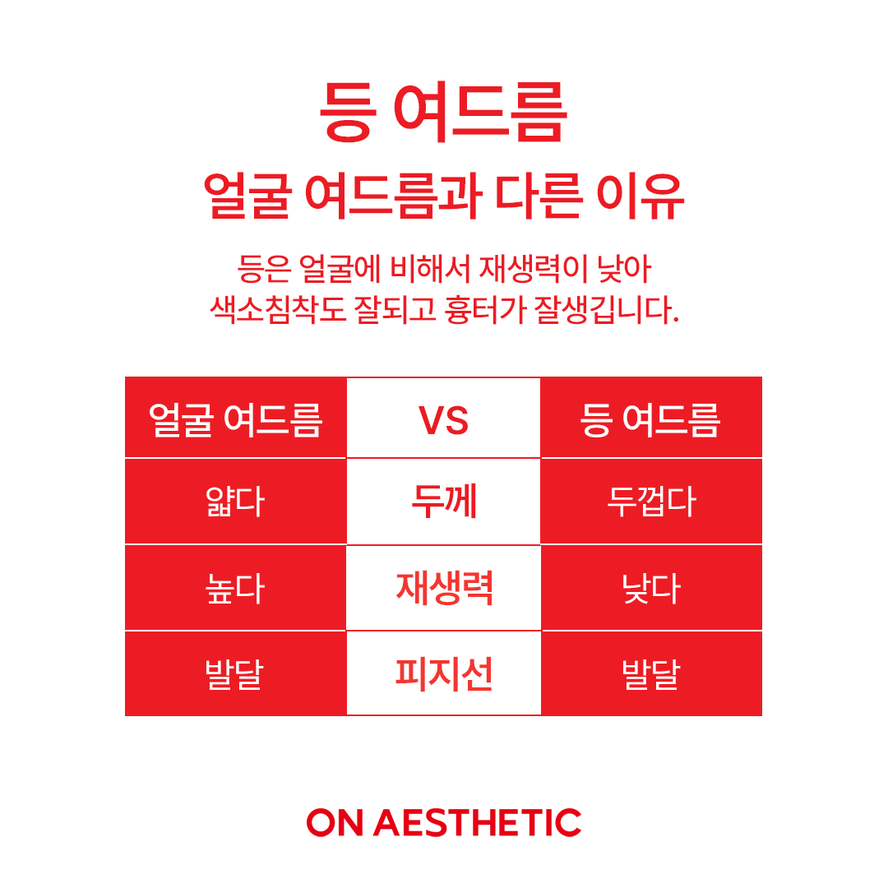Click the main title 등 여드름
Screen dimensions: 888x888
click(x=443, y=111)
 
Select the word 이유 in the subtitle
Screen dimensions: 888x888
click(x=641, y=196)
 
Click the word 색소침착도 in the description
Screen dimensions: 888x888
click(x=277, y=310)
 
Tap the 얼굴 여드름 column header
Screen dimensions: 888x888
click(x=236, y=420)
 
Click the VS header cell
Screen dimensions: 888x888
click(x=443, y=421)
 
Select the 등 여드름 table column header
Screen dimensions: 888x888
click(x=650, y=420)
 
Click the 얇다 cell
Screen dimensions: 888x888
click(x=235, y=502)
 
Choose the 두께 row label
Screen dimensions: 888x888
click(x=444, y=502)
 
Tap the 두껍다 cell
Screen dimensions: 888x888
click(x=651, y=502)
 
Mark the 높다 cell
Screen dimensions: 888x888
click(x=235, y=589)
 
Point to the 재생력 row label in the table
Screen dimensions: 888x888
click(x=445, y=589)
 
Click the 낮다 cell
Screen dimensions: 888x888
click(x=651, y=589)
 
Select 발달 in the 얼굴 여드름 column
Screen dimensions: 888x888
click(x=235, y=674)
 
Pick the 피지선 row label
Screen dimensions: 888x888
click(x=444, y=674)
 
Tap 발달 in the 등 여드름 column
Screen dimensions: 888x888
click(x=651, y=674)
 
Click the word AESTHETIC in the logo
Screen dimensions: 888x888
click(x=478, y=822)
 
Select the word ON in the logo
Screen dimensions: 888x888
click(x=334, y=822)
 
